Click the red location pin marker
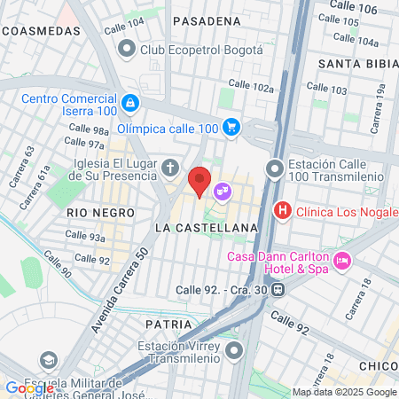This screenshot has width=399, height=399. pos(200,181)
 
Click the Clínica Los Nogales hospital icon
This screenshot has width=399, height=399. pos(282,211)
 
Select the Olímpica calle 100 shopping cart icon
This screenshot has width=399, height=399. pos(232,128)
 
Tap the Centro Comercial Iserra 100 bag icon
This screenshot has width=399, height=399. pos(130,103)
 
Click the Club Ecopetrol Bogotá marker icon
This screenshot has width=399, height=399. pos(127,50)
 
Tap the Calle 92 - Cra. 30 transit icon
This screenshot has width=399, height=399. pos(278,289)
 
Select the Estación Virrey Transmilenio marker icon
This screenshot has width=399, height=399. pos(233,352)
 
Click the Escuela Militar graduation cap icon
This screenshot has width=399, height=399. pos(48,361)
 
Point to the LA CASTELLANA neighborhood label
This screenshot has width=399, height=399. pos(206,228)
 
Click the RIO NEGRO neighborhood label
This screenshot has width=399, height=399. pos(100,214)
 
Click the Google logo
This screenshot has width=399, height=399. pos(29,387)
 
